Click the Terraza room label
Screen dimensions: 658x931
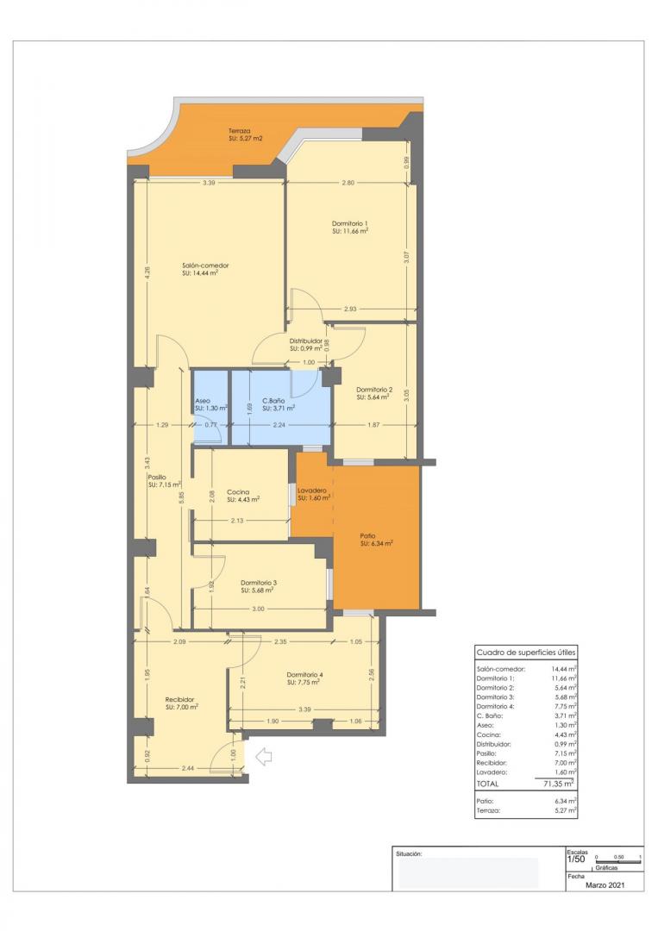240,131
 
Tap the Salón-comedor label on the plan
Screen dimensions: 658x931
205,266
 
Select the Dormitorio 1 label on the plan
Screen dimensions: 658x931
350,223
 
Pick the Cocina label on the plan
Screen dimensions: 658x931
238,492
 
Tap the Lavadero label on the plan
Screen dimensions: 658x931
312,490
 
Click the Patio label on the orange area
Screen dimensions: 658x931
367,535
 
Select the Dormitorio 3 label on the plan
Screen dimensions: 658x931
259,583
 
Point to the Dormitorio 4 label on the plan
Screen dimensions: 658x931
304,674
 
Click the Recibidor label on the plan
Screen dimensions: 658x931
179,699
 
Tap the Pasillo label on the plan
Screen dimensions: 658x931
157,477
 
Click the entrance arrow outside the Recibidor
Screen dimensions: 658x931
263,756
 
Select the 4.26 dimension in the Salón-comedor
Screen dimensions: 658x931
147,272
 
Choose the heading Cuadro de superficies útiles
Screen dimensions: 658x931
525,653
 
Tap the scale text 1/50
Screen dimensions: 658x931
576,859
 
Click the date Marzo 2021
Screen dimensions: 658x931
605,885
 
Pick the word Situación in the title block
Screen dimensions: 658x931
409,853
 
